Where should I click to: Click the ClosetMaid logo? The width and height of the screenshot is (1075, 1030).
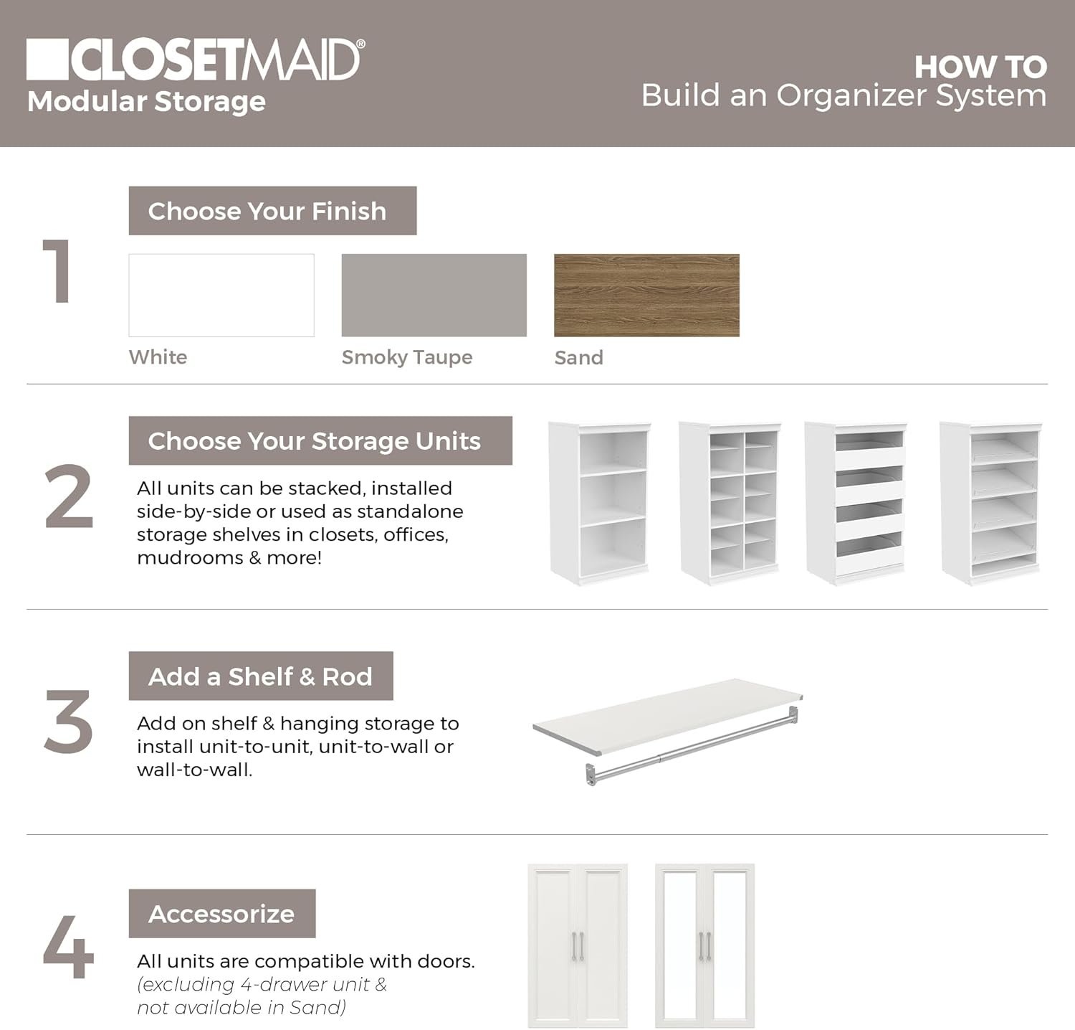193,60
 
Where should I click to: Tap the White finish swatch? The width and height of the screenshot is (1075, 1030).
221,295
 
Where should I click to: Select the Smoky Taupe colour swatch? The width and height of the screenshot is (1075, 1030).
434,295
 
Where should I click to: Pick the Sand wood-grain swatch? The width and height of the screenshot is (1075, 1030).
646,295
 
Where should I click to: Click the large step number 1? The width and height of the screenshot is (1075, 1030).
57,272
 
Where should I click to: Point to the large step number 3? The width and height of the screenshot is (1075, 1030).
68,722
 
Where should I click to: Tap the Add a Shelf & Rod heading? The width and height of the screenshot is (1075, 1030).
260,676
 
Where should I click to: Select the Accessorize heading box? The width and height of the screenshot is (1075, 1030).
221,913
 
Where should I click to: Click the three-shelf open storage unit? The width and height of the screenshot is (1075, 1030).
601,502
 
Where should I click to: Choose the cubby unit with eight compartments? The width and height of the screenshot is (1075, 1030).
730,502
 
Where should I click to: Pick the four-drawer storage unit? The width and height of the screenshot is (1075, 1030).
856,502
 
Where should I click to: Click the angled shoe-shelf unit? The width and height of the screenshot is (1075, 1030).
991,502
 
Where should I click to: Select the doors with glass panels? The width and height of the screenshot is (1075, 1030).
704,945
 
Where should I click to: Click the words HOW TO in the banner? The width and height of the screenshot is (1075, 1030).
980,67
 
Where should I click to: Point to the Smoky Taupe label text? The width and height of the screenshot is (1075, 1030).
406,357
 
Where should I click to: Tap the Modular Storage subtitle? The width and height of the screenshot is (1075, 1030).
146,101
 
